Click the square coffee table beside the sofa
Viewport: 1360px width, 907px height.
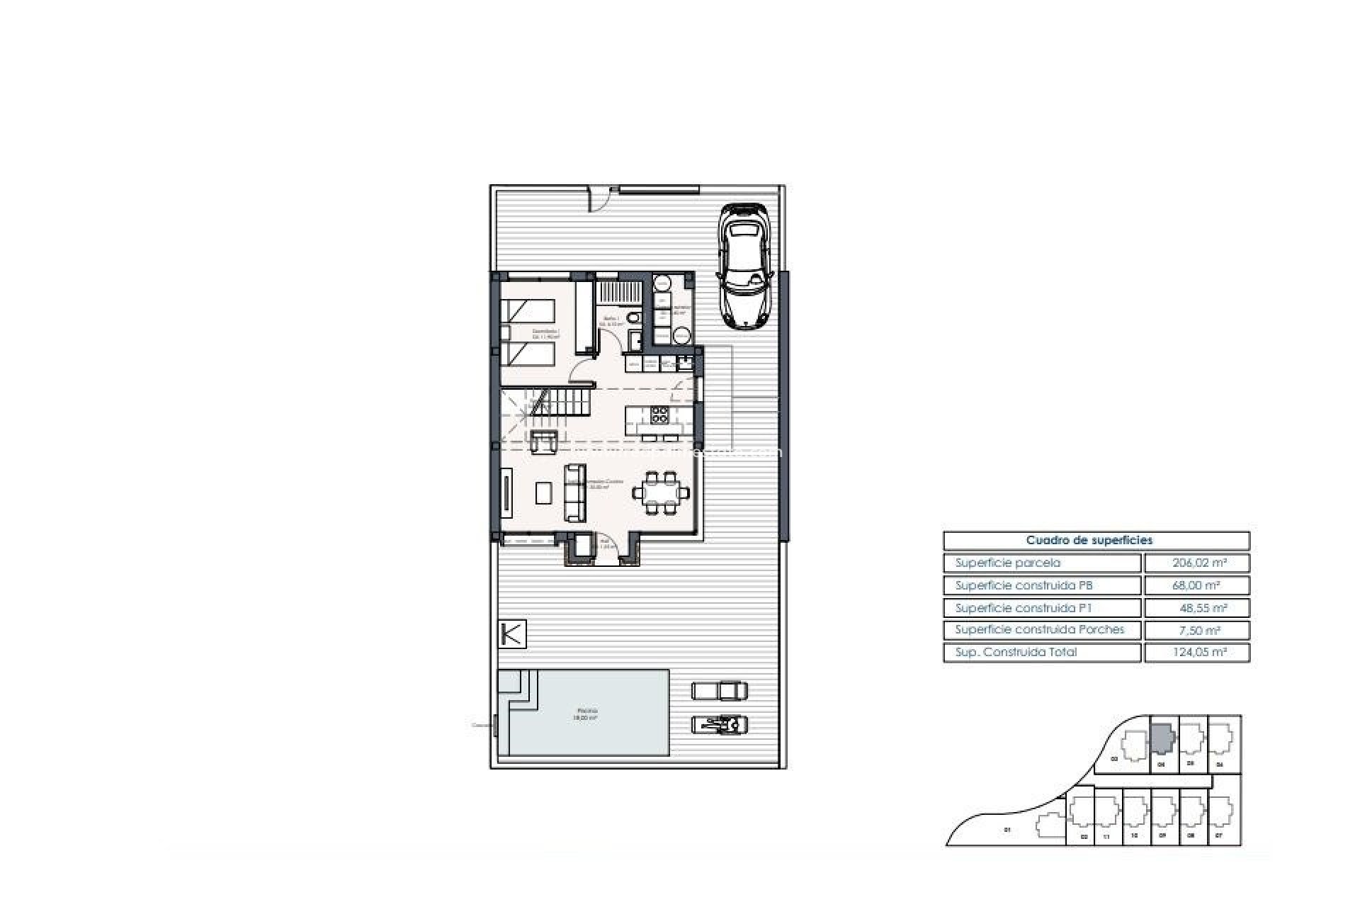543,492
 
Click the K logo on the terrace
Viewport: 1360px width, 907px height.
512,633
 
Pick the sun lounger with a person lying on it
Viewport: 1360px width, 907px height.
720,724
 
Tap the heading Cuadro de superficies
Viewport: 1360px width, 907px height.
1096,541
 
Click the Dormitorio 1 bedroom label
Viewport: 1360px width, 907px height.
546,334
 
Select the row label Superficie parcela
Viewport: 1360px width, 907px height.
1008,563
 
